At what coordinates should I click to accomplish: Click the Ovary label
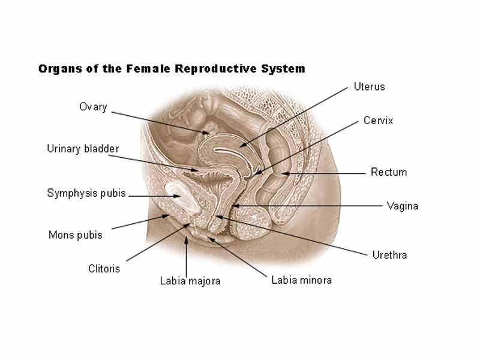point(93,107)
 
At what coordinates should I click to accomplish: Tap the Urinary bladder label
point(83,149)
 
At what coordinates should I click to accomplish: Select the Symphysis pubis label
point(86,193)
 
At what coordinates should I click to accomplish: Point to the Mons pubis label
point(75,235)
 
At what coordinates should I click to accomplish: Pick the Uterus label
point(369,86)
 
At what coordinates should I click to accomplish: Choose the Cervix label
point(378,121)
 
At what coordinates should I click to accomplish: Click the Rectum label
point(388,172)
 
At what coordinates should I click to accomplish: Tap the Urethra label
point(389,255)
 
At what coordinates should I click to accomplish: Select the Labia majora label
point(190,281)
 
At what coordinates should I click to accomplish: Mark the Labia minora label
point(301,280)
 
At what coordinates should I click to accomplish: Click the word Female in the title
point(149,68)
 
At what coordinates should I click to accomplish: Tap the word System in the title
point(283,68)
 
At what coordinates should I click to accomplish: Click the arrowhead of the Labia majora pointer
point(186,239)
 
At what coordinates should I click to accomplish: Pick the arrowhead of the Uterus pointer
point(241,145)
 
